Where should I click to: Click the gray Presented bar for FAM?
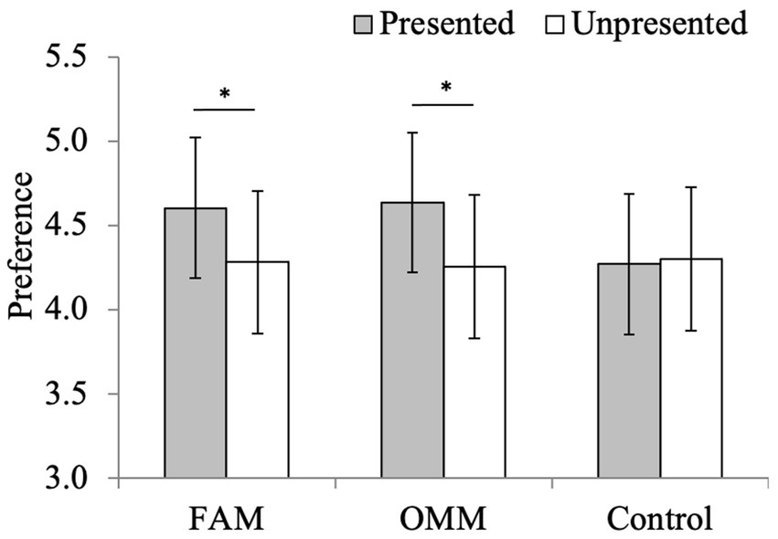(196, 365)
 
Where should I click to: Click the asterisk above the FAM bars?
(224, 94)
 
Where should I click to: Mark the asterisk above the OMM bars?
(445, 89)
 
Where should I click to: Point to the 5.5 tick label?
(69, 58)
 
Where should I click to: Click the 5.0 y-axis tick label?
(69, 142)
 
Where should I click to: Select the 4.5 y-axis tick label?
(69, 226)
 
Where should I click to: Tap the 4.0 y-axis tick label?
(69, 311)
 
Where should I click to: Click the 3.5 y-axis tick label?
(69, 395)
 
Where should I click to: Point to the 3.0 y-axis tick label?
(69, 479)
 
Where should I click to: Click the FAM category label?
(225, 519)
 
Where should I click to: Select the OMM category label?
(443, 519)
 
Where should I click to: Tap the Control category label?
(659, 519)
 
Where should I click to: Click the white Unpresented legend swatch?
(557, 24)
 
